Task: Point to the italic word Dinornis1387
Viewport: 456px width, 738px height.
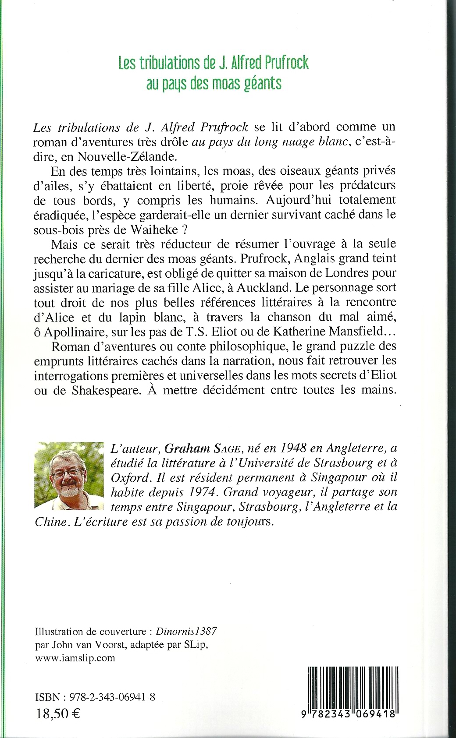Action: [x=194, y=632]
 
